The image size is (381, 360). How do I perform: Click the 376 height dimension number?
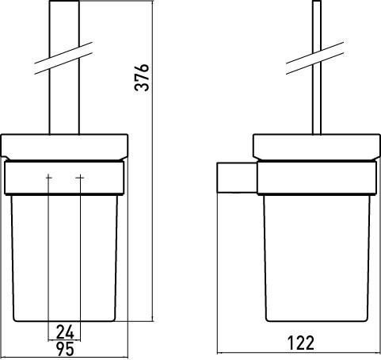[142, 77]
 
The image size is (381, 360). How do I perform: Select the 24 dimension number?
[65, 332]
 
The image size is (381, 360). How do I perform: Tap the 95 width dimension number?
[65, 349]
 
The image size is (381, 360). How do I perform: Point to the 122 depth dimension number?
[301, 343]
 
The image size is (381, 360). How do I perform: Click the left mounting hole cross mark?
[48, 178]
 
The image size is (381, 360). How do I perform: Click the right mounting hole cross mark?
[80, 178]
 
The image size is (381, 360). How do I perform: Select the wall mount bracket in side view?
[237, 178]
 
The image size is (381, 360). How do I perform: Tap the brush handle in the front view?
[64, 67]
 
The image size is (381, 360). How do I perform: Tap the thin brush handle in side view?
[317, 67]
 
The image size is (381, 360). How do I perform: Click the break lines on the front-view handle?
[63, 58]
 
